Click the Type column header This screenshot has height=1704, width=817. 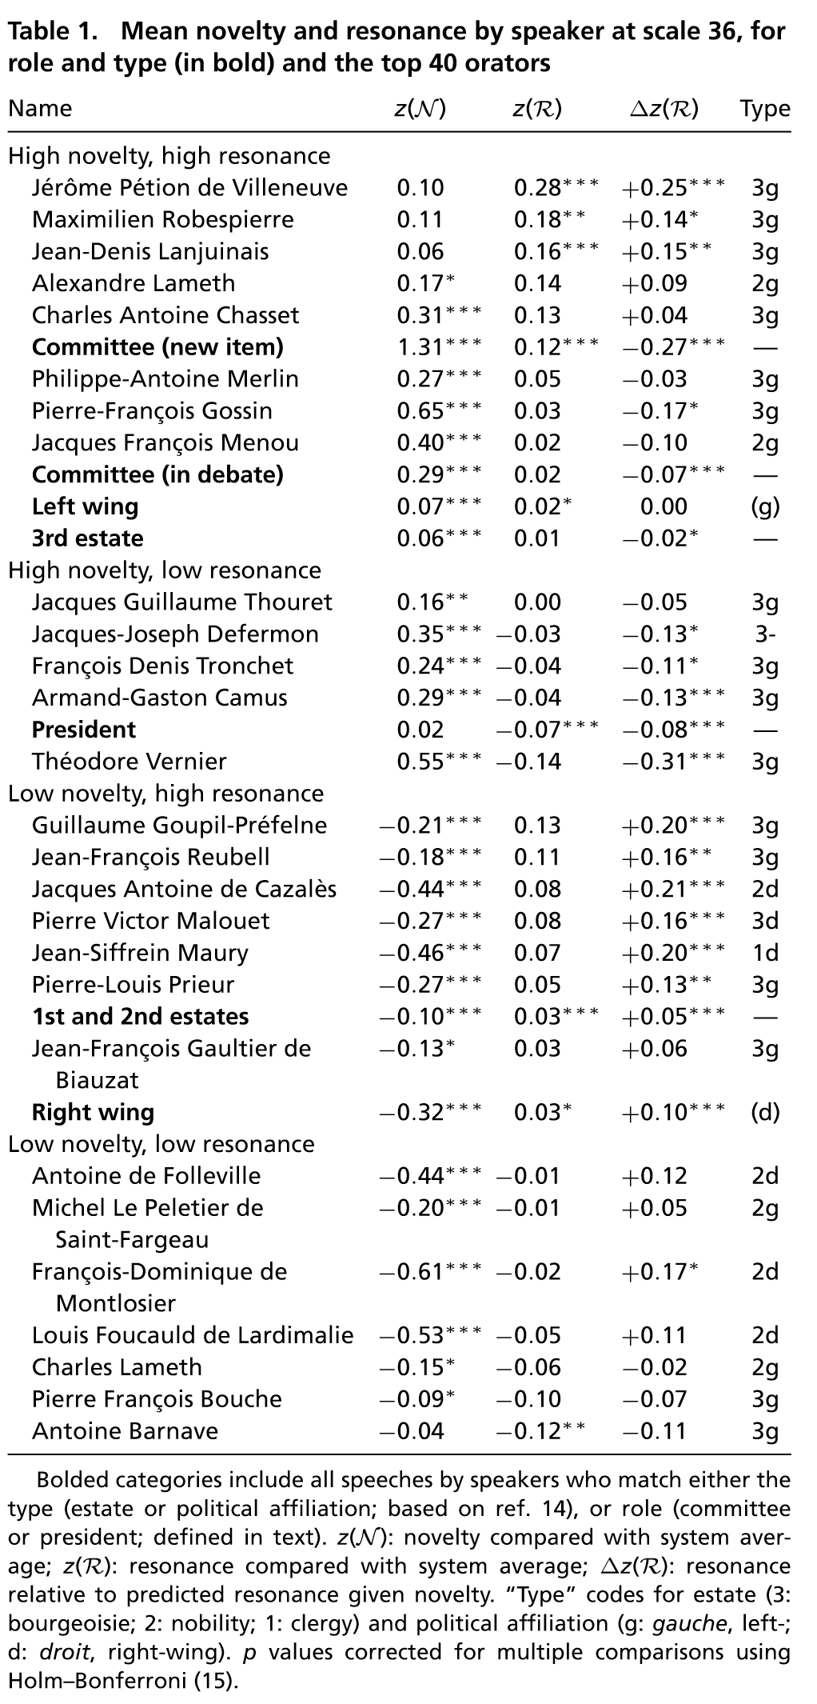click(764, 109)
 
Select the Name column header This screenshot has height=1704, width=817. click(40, 109)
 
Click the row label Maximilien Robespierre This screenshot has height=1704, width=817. click(163, 219)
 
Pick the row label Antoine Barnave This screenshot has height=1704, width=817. click(125, 1430)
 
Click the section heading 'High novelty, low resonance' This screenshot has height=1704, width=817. click(165, 570)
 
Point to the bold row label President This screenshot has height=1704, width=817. click(84, 730)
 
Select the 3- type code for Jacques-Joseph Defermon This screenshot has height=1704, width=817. click(764, 634)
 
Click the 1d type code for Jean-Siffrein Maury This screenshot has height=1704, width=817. click(764, 953)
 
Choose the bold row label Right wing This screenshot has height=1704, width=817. click(93, 1112)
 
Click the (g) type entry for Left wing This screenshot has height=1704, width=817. click(764, 506)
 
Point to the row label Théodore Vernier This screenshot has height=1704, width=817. click(130, 762)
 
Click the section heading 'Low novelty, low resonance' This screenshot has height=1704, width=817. click(161, 1144)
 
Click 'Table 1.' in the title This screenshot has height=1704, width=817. click(54, 32)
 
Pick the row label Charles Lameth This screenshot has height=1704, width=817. click(117, 1367)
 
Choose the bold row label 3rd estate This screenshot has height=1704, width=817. click(88, 538)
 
